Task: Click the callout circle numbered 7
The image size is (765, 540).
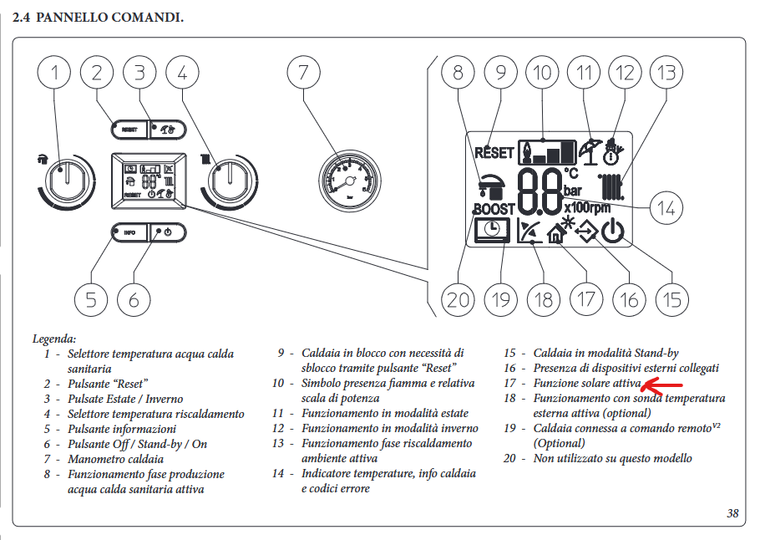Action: pyautogui.click(x=303, y=73)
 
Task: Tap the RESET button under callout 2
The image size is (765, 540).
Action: pyautogui.click(x=129, y=130)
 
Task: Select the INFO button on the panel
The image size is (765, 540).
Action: pyautogui.click(x=129, y=232)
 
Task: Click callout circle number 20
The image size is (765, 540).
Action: pyautogui.click(x=458, y=299)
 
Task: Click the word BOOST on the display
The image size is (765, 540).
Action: pyautogui.click(x=493, y=208)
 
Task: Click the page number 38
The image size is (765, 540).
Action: pyautogui.click(x=732, y=513)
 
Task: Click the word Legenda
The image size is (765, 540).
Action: pyautogui.click(x=54, y=339)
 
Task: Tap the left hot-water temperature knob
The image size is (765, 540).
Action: pyautogui.click(x=63, y=177)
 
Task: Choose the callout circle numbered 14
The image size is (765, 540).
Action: pyautogui.click(x=666, y=207)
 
